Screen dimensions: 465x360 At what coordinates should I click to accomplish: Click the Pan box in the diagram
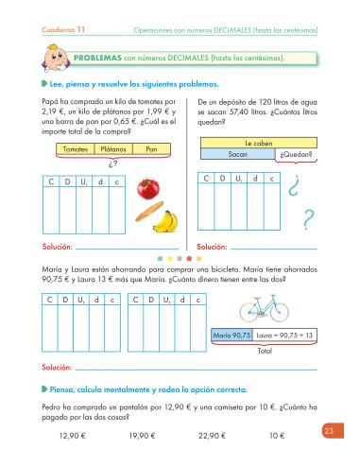[x=151, y=149]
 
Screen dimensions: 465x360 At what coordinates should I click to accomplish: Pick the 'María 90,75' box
[x=233, y=336]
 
